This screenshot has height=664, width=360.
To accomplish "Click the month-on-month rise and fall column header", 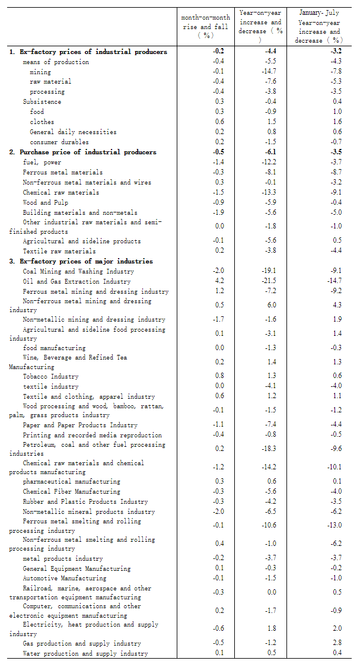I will (x=205, y=27).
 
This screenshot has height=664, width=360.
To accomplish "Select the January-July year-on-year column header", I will (x=319, y=26).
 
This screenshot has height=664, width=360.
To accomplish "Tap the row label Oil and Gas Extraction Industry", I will (x=77, y=281).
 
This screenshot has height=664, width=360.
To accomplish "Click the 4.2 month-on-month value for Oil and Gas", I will (x=219, y=281).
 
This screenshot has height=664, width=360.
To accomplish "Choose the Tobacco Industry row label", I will (x=50, y=376).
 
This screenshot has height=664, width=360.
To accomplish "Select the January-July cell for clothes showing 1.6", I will (x=320, y=122).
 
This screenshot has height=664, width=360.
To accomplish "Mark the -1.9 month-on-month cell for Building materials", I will (x=218, y=212).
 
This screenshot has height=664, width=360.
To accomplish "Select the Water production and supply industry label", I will (x=85, y=653).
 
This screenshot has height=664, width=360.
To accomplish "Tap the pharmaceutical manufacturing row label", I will (x=71, y=481).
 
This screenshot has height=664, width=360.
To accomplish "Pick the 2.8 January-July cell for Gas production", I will (x=320, y=643).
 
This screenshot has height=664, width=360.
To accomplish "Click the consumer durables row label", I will (x=59, y=142).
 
